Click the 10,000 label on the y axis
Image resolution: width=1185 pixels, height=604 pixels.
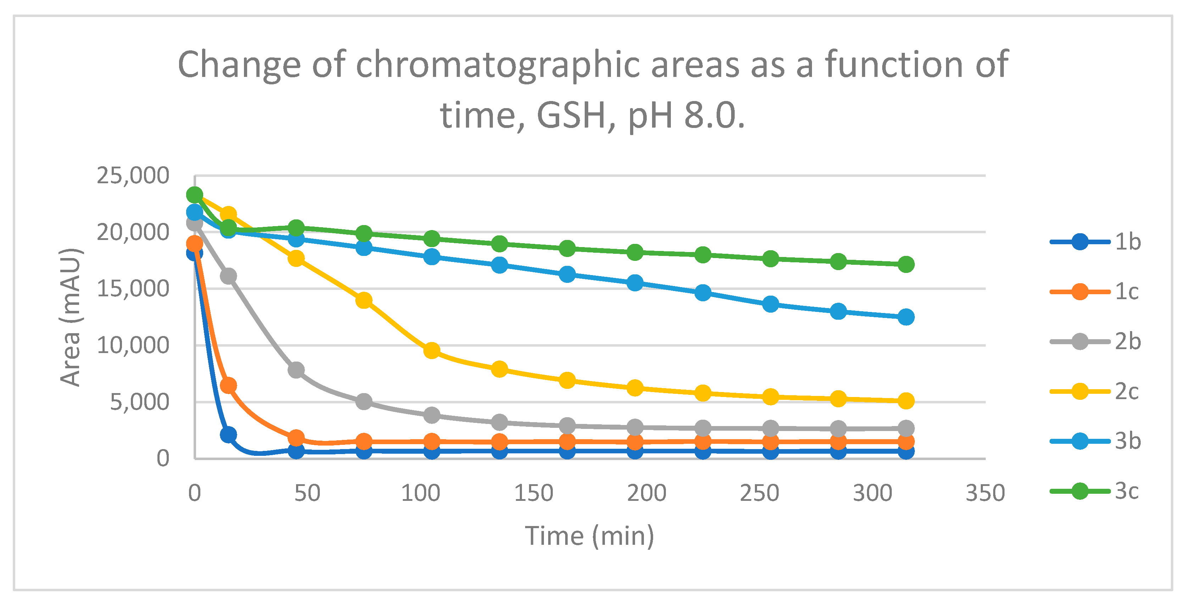133,345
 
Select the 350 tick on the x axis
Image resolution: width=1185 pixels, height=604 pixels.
985,493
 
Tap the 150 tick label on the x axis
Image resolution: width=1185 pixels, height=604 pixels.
533,493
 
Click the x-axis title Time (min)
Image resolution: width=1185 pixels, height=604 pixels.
589,536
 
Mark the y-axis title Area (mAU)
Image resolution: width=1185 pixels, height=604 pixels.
70,317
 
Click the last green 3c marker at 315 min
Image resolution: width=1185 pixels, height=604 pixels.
906,264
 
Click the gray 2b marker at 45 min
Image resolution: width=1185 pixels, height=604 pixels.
296,369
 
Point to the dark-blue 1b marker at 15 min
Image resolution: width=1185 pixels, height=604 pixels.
228,434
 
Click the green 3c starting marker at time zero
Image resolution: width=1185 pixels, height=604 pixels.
195,195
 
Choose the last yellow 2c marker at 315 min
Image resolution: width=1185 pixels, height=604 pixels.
906,400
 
